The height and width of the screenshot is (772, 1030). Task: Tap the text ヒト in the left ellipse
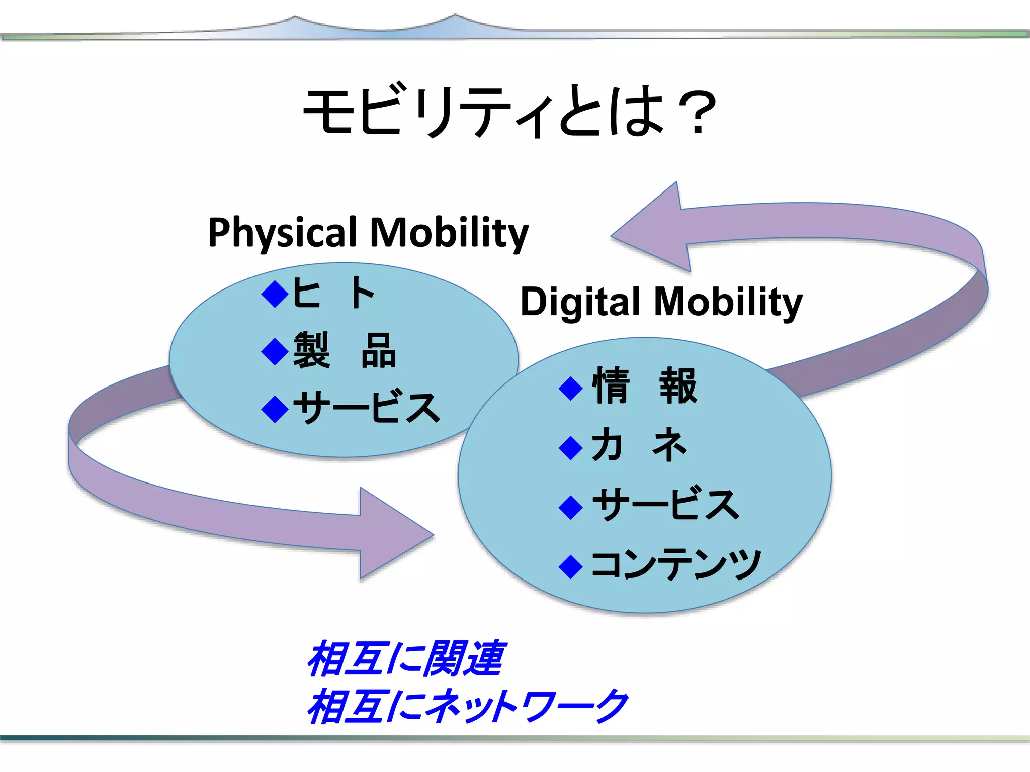click(x=333, y=293)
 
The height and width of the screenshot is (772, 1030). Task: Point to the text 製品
click(x=345, y=351)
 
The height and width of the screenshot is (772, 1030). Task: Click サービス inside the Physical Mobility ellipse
click(x=366, y=408)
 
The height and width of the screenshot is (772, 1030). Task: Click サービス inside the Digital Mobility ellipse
click(x=665, y=505)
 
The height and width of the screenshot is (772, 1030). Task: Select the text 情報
click(x=645, y=386)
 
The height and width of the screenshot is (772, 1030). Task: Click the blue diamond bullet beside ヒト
click(x=275, y=294)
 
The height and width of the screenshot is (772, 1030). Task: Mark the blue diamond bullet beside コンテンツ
click(x=571, y=566)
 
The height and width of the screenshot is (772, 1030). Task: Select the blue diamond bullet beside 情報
click(x=571, y=388)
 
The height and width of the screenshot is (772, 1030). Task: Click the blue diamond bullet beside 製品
click(x=275, y=351)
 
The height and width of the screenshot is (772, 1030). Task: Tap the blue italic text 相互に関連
click(x=405, y=658)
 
